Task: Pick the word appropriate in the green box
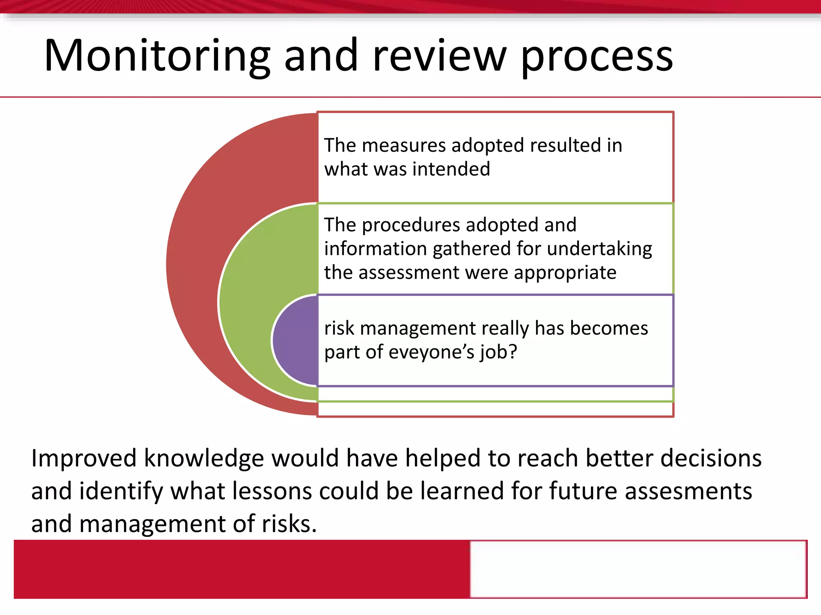coord(565,273)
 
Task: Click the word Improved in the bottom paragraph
coord(84,458)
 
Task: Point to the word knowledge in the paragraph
coord(204,458)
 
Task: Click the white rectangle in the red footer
coord(638,569)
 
